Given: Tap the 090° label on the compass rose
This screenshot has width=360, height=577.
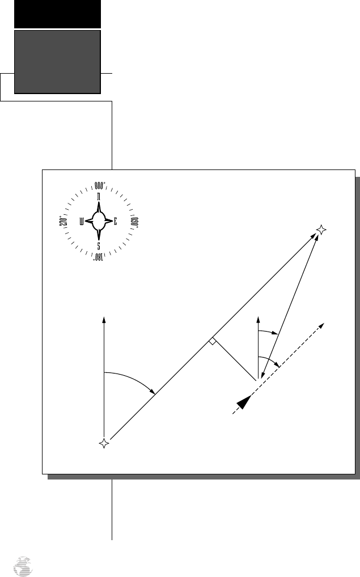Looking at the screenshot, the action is click(134, 221).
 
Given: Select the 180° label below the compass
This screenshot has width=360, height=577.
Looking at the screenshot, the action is click(99, 258).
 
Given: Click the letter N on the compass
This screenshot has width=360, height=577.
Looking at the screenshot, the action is click(99, 197).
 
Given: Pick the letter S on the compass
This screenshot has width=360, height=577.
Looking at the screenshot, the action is click(99, 247).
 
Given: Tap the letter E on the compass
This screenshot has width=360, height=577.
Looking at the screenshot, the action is click(115, 222).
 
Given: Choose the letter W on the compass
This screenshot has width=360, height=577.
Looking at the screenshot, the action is click(83, 222).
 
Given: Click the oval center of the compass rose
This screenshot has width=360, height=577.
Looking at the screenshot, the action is click(99, 222).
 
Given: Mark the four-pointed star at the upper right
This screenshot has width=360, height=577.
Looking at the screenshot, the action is click(321, 230).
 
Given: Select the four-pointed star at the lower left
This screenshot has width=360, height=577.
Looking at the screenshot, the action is click(104, 444).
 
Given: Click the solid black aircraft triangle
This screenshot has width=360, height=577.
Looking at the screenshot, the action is click(243, 402).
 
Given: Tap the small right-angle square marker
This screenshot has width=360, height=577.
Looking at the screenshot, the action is click(211, 341).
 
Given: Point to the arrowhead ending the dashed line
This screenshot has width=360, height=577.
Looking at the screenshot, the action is click(321, 325).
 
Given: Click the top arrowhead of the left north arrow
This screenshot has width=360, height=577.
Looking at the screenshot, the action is click(104, 319).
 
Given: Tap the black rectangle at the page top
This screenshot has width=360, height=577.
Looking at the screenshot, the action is click(57, 14).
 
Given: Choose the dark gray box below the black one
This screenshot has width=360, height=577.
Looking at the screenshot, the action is click(57, 61).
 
